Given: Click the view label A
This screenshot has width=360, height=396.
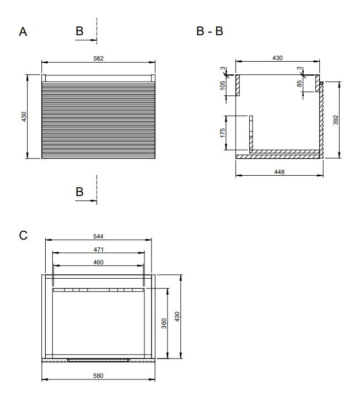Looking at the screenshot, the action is click(x=23, y=32).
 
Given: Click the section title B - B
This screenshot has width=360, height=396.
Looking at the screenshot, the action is click(x=209, y=31).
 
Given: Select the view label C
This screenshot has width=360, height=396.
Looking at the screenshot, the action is click(x=23, y=235).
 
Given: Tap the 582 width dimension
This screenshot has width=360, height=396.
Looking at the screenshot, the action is click(x=98, y=58).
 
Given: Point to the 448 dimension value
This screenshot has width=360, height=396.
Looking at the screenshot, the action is click(x=280, y=172).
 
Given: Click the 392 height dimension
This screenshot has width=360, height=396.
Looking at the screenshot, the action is click(x=336, y=120).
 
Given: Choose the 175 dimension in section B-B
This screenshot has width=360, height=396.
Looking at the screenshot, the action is click(x=222, y=133).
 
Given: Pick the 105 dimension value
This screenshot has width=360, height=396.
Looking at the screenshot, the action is click(x=222, y=85).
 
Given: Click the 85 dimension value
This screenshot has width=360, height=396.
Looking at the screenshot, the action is click(x=299, y=84).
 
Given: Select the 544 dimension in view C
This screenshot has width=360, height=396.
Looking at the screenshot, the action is click(x=98, y=236).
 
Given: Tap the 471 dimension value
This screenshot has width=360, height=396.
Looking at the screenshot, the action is click(x=98, y=249).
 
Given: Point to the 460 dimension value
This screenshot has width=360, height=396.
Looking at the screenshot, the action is click(x=98, y=262).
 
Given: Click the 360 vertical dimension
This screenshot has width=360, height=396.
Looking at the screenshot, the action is click(x=164, y=323).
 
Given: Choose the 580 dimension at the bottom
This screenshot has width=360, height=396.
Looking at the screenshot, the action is click(x=98, y=376).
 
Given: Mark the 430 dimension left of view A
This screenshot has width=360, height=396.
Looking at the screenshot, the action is click(x=24, y=117).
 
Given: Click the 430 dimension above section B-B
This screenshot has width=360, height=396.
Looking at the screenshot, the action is click(x=277, y=58).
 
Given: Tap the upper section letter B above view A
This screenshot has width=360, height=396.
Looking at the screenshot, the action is click(x=79, y=31).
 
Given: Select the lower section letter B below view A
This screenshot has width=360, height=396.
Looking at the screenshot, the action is click(x=79, y=192).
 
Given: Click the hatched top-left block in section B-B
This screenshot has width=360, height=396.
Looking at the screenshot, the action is click(x=238, y=85).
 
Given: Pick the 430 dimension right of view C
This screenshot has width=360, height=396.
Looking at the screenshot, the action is click(x=177, y=317).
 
